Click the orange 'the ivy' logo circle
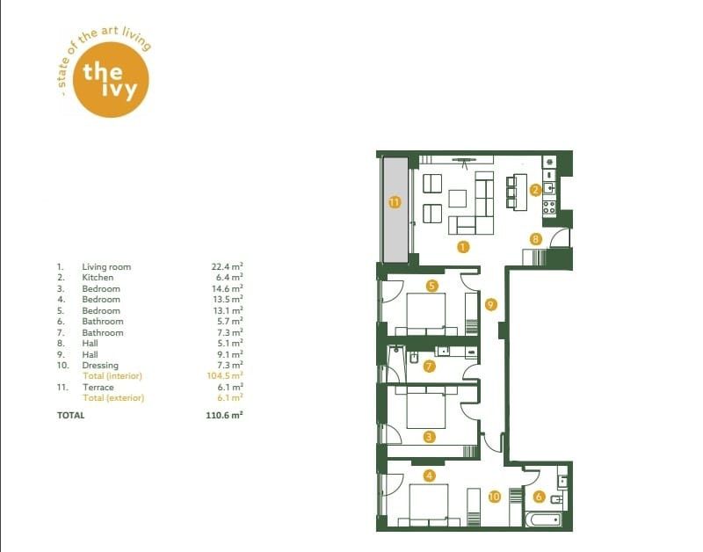click(111, 80)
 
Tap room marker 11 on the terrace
click(394, 202)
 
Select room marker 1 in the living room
click(463, 247)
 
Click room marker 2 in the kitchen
click(535, 190)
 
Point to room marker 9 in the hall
click(491, 305)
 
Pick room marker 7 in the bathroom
click(429, 367)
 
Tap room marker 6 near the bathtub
click(539, 497)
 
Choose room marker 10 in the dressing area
click(494, 497)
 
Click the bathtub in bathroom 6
click(544, 520)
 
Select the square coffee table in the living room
click(457, 199)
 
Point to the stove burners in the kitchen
click(549, 207)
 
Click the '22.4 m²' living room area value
click(228, 266)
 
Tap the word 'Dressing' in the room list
click(100, 366)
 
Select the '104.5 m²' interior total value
click(225, 376)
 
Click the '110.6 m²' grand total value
click(225, 415)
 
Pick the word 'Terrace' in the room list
click(98, 387)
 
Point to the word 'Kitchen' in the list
click(98, 278)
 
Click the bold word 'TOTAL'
click(71, 415)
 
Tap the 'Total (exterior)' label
click(114, 398)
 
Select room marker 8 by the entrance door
click(536, 239)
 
